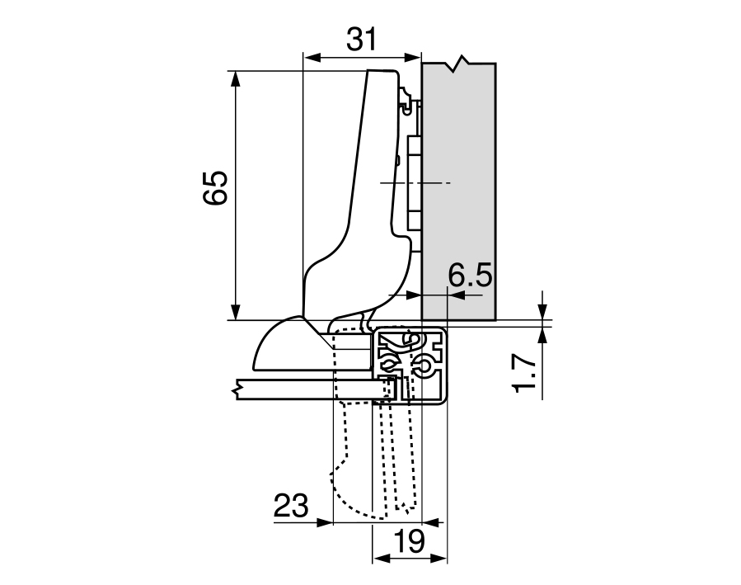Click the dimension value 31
[x=361, y=40]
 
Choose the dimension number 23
[x=289, y=506]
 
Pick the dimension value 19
[x=408, y=542]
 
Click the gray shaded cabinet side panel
[x=458, y=190]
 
